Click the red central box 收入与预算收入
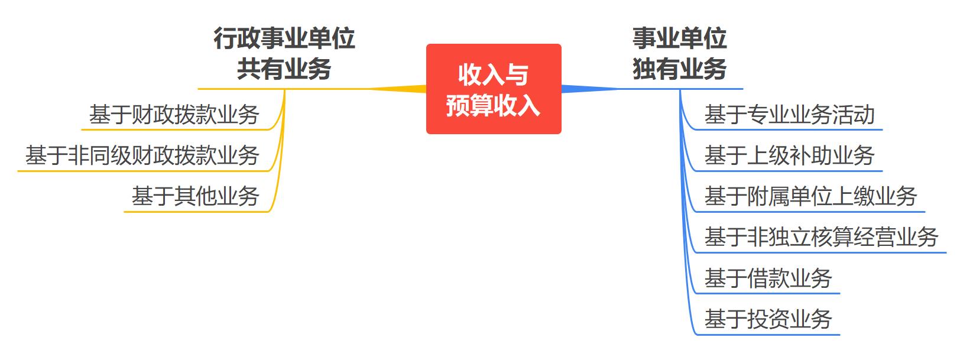493,89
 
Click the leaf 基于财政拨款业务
174,115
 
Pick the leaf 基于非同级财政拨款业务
142,155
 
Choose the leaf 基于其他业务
196,196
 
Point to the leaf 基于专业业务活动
789,115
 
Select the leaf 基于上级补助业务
789,155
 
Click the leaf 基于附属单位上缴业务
810,196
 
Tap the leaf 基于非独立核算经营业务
821,237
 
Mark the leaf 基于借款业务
768,278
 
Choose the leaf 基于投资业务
768,319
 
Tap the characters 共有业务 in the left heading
284,69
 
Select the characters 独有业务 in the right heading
679,69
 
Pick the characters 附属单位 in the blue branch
789,196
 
